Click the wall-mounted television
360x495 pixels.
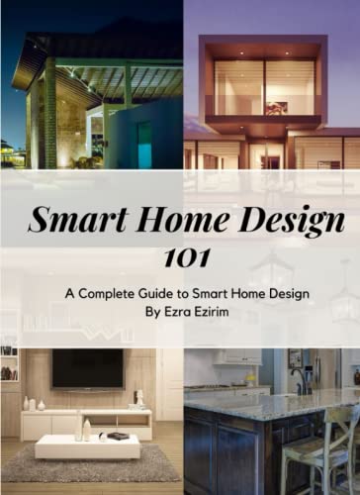point(87,369)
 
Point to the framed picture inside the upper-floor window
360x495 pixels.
point(277,107)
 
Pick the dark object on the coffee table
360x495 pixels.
point(118,436)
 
